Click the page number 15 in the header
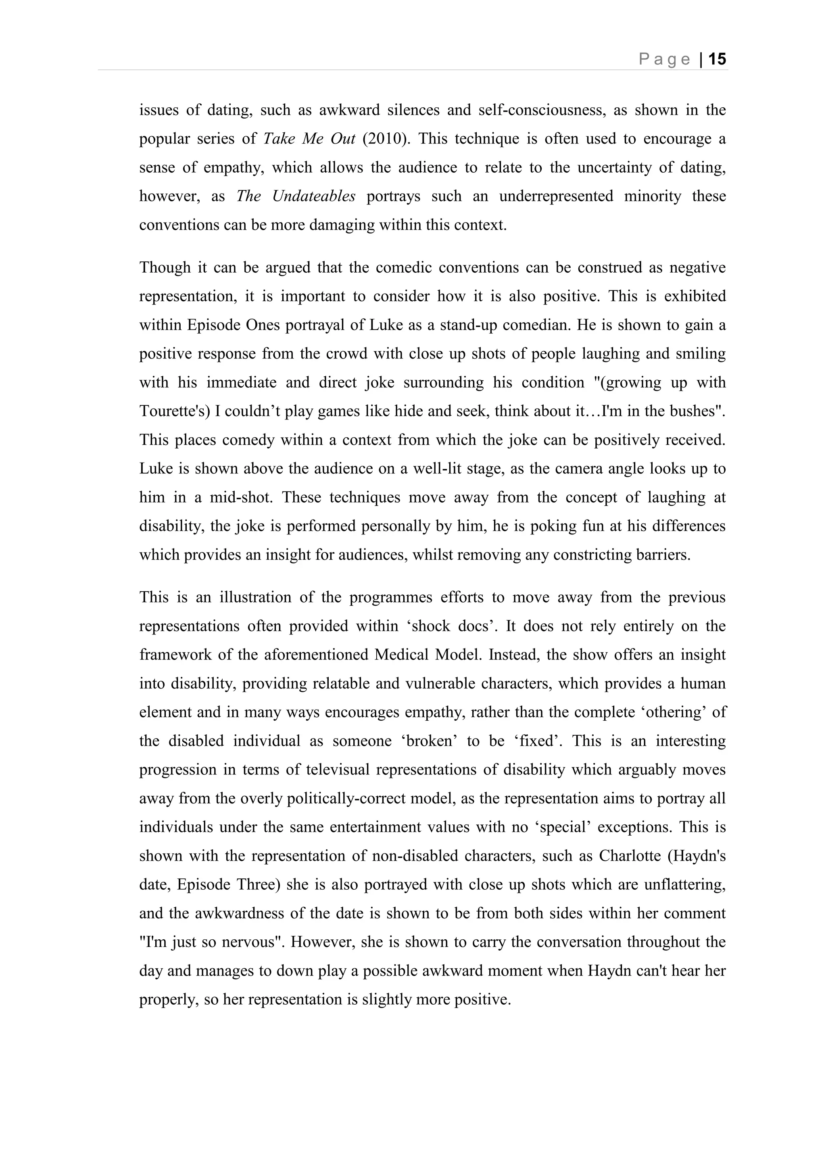pos(717,60)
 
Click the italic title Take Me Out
pos(309,139)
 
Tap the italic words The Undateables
pos(296,196)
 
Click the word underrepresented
pos(556,196)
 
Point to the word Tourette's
pos(175,411)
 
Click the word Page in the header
pos(664,60)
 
